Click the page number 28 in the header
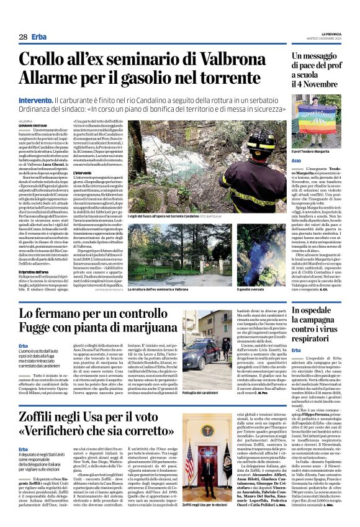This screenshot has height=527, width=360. [22, 37]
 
